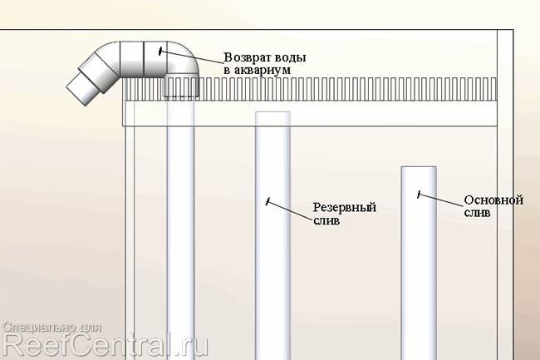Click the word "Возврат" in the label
(x=250, y=58)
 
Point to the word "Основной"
(x=493, y=200)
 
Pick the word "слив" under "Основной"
(x=476, y=213)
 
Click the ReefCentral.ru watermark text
(x=106, y=344)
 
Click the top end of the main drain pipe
(x=419, y=169)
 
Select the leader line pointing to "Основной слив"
(x=440, y=200)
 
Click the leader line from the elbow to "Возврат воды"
(x=191, y=56)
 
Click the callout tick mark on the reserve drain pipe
(x=268, y=201)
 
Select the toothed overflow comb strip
(x=332, y=89)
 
